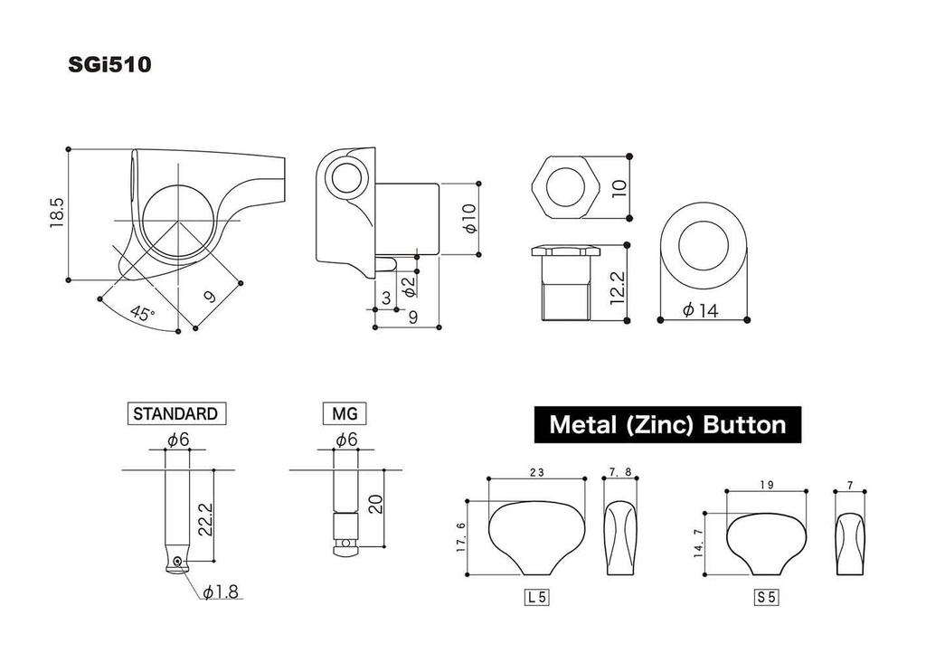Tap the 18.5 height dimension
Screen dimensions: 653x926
(57, 213)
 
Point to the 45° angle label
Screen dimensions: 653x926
(141, 314)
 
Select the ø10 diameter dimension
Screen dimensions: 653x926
(468, 220)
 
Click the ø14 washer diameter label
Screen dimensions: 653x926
(701, 310)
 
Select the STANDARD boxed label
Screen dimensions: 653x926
(175, 413)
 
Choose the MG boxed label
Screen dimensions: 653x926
(345, 413)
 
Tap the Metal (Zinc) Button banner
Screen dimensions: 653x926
(667, 423)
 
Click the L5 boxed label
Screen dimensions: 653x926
(537, 597)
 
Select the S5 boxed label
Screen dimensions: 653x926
(767, 597)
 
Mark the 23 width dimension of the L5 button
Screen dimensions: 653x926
(536, 471)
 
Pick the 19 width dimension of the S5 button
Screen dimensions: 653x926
(767, 485)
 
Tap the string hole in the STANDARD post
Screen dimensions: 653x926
(179, 562)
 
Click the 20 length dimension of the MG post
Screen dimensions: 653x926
(375, 505)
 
